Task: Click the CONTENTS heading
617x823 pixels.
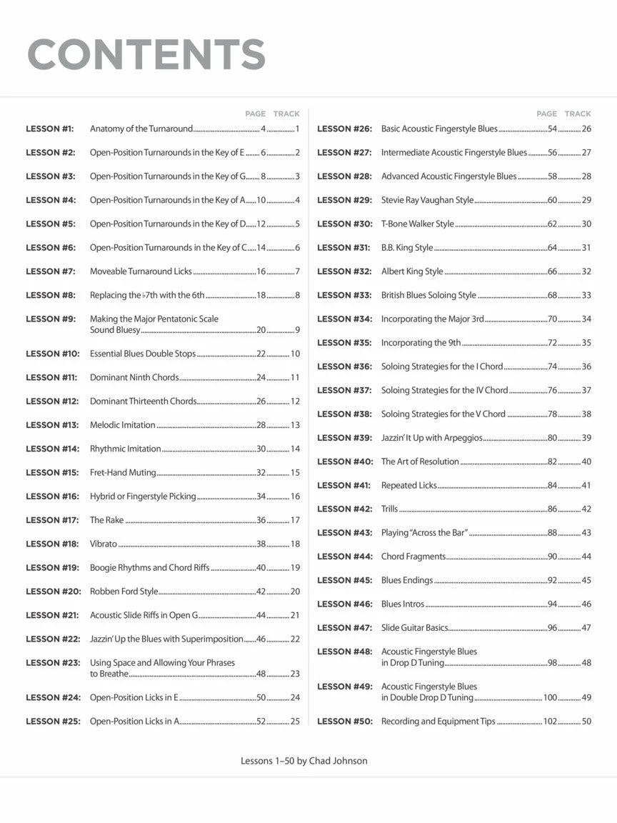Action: pos(146,55)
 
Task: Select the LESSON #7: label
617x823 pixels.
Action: pos(51,271)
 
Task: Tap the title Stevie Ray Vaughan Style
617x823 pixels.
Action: pos(427,200)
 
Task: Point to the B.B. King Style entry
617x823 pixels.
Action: pos(406,248)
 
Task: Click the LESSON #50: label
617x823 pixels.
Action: pos(345,722)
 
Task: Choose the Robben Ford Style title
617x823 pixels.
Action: pos(124,592)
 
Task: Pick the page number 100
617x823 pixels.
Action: pos(550,697)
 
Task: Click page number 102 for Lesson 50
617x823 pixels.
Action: pos(550,722)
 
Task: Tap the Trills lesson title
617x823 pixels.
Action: pos(389,509)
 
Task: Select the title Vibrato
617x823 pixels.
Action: pos(103,544)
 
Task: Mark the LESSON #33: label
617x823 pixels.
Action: pos(345,295)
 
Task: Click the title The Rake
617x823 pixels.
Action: pos(106,520)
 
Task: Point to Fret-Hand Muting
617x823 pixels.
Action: pos(122,472)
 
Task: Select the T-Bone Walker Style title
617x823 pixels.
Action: pos(417,224)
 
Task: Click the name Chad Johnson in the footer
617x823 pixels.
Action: pos(338,761)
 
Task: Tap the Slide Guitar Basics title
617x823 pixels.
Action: pos(414,628)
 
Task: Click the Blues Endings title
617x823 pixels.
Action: pos(406,580)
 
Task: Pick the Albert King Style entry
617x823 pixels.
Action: pos(411,271)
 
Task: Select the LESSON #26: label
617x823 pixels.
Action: pos(345,129)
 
